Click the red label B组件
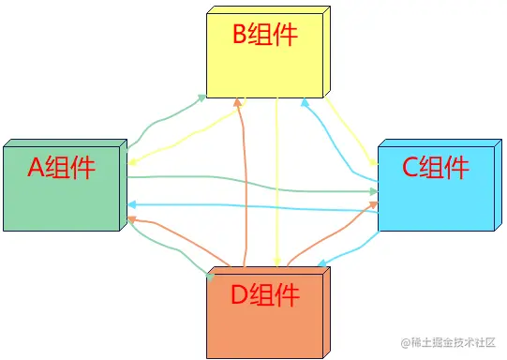pyautogui.click(x=264, y=36)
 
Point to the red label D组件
pyautogui.click(x=265, y=295)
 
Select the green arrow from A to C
pyautogui.click(x=253, y=184)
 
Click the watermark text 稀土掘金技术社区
pyautogui.click(x=454, y=343)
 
